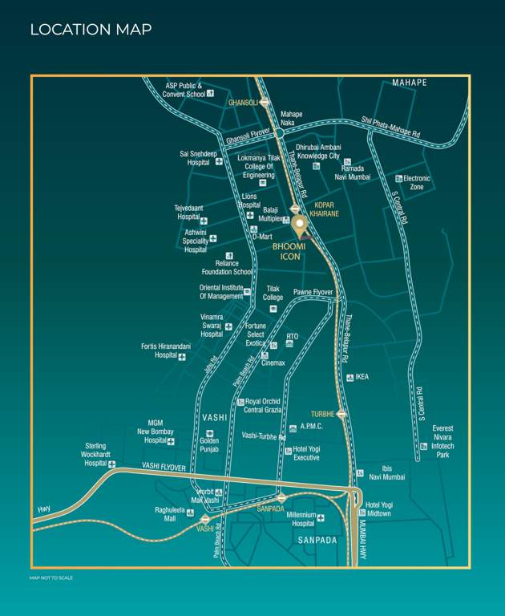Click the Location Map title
pos(91,30)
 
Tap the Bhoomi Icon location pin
pos(298,225)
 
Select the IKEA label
pos(362,376)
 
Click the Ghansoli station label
pos(243,103)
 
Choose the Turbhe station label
pos(321,414)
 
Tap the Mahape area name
pos(410,83)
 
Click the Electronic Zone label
pos(417,182)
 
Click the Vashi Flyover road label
pos(164,467)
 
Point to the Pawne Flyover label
pos(313,292)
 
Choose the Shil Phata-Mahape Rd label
pos(401,126)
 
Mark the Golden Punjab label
pos(209,445)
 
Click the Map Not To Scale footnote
pos(51,577)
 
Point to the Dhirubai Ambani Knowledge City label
pos(318,152)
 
